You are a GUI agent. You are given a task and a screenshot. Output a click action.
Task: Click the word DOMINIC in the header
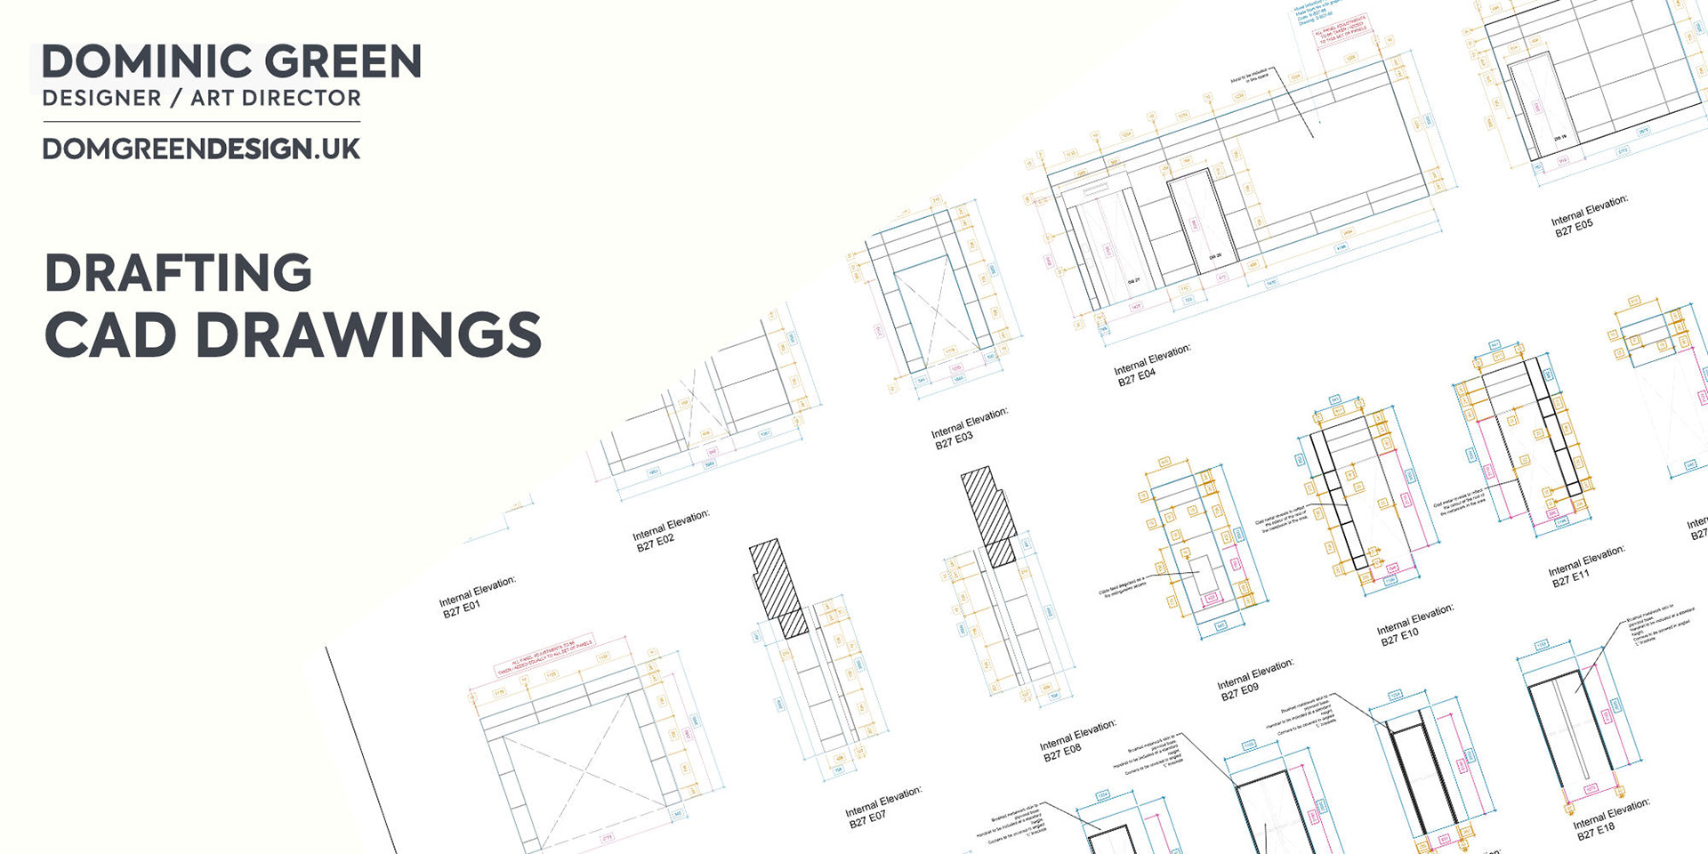coord(146,61)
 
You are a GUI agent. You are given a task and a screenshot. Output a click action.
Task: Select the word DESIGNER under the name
coord(101,98)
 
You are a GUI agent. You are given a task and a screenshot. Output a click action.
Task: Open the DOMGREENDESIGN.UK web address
coord(201,149)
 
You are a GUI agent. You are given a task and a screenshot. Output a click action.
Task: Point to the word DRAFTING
coord(178,273)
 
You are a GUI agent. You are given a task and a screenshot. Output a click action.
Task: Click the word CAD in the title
coord(110,335)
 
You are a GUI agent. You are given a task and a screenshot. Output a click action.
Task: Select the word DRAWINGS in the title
coord(368,335)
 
